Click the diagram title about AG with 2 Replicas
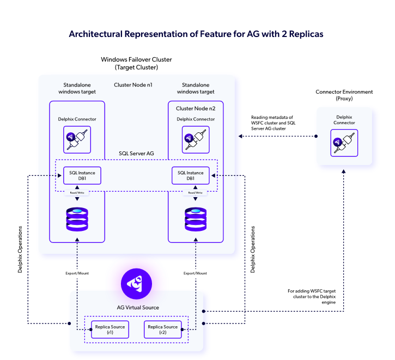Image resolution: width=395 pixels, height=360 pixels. pos(196,34)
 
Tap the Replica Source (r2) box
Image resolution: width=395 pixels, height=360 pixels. pos(162,330)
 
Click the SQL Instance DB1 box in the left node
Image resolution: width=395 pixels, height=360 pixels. pos(82,175)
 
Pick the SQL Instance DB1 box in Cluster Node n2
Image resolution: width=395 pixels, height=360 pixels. pos(191,175)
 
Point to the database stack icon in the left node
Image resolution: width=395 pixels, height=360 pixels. pos(77,217)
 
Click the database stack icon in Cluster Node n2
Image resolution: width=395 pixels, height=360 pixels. pos(195,217)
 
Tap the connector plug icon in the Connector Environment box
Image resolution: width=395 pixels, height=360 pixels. pos(344,144)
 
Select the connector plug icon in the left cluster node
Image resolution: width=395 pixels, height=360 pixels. pos(77,138)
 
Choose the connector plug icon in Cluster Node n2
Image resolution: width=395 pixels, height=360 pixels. pos(195,139)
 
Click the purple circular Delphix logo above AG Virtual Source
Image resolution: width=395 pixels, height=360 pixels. pos(136,283)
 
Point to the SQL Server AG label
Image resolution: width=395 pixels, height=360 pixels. pos(136,154)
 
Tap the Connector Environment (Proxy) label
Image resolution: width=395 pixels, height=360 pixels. pos(344,95)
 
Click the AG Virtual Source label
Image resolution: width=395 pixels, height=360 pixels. pos(136,307)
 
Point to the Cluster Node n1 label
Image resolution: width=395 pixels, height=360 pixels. pos(133,85)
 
